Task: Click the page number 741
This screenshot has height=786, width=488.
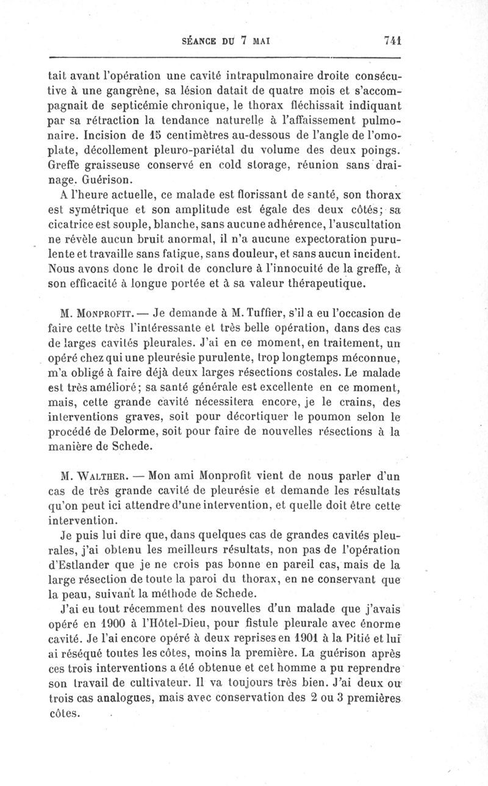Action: coord(392,40)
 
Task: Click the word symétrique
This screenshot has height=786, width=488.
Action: coord(93,210)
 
